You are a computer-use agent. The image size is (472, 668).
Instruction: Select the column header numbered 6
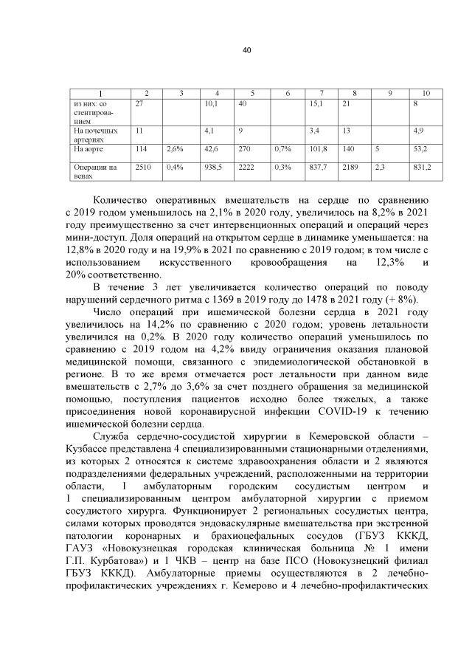(288, 93)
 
